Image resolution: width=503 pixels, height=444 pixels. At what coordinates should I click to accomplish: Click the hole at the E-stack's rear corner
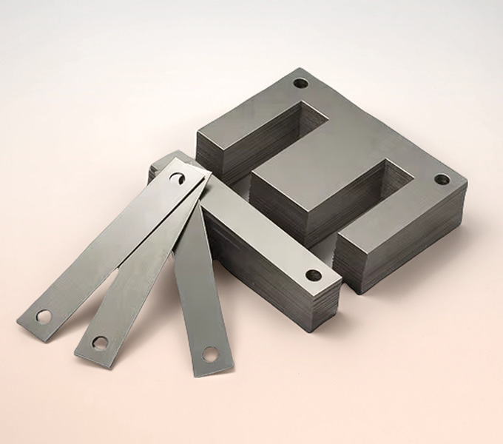[300, 83]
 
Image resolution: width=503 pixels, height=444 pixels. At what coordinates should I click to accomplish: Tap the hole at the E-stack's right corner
[442, 179]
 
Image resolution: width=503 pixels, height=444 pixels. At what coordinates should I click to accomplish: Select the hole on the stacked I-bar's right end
[314, 275]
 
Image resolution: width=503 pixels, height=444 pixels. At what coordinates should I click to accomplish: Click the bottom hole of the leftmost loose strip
[44, 317]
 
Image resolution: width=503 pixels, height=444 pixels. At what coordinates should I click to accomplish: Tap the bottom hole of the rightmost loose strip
[210, 354]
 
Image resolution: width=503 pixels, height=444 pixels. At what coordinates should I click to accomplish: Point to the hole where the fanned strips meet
[178, 178]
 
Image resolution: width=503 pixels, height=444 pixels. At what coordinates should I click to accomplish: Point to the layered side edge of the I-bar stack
[274, 289]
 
